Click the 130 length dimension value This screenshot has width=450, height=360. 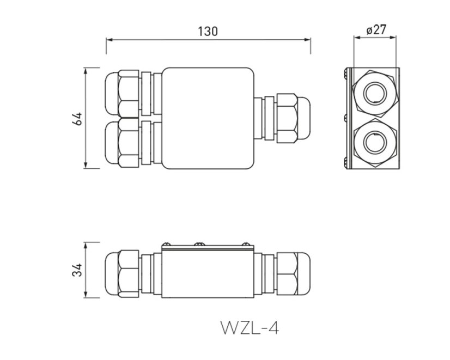pyautogui.click(x=208, y=31)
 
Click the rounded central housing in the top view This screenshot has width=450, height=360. pyautogui.click(x=208, y=118)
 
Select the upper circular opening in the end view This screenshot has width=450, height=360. pyautogui.click(x=375, y=90)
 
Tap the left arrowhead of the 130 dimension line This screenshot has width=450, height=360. pyautogui.click(x=108, y=40)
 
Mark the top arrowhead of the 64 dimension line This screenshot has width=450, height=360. pyautogui.click(x=86, y=70)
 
